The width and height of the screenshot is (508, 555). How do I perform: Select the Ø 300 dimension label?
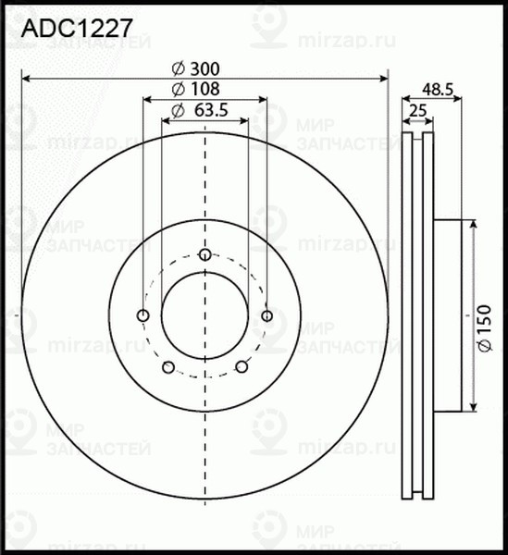pyautogui.click(x=196, y=68)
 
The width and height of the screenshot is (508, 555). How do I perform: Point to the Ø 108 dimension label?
pyautogui.click(x=196, y=89)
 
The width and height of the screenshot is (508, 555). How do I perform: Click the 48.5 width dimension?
pyautogui.click(x=437, y=89)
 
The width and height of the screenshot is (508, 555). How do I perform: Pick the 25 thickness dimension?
pyautogui.click(x=417, y=111)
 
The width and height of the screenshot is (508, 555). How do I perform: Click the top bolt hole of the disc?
pyautogui.click(x=204, y=254)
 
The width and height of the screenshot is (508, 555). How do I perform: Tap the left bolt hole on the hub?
pyautogui.click(x=142, y=316)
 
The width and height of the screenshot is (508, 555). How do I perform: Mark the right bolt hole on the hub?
pyautogui.click(x=266, y=316)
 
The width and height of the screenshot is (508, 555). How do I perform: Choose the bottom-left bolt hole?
pyautogui.click(x=167, y=368)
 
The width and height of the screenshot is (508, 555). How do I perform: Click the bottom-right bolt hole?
pyautogui.click(x=242, y=368)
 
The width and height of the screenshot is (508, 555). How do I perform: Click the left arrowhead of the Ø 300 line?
pyautogui.click(x=25, y=77)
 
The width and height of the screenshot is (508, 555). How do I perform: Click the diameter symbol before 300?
pyautogui.click(x=178, y=68)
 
